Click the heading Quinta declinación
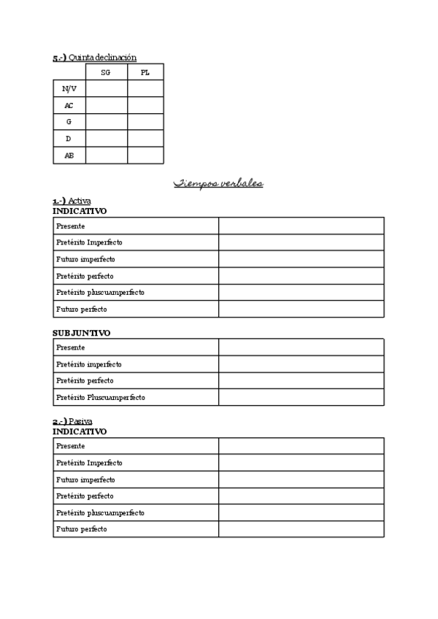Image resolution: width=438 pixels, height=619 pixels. tap(94, 58)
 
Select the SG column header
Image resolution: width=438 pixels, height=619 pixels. tap(106, 72)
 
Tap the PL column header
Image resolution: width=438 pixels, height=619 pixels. tap(145, 72)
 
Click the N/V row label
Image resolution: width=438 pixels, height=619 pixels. tap(69, 89)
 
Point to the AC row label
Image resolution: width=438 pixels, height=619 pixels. tap(69, 106)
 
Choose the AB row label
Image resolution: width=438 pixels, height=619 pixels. tap(69, 155)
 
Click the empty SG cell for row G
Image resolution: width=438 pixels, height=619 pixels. tap(106, 122)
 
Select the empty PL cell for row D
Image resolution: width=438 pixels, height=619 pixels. tap(145, 139)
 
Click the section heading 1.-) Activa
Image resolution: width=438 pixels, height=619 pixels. tap(72, 201)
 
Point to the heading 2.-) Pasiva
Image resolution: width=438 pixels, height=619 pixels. tap(72, 421)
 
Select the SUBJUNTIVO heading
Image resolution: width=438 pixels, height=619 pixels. tap(81, 333)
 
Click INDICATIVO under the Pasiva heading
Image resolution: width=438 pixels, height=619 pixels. tap(80, 431)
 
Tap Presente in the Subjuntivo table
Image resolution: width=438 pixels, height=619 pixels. tap(70, 347)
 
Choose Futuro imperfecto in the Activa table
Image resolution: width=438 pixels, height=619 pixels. tap(85, 259)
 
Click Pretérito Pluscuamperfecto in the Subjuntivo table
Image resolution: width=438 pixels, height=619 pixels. tap(100, 398)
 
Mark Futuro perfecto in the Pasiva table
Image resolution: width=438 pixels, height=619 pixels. tap(81, 529)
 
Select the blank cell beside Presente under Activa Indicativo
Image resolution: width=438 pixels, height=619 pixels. tap(301, 226)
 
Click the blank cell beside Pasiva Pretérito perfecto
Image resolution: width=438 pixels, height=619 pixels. tap(301, 496)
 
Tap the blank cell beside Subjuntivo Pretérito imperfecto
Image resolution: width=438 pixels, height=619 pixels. tap(301, 364)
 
